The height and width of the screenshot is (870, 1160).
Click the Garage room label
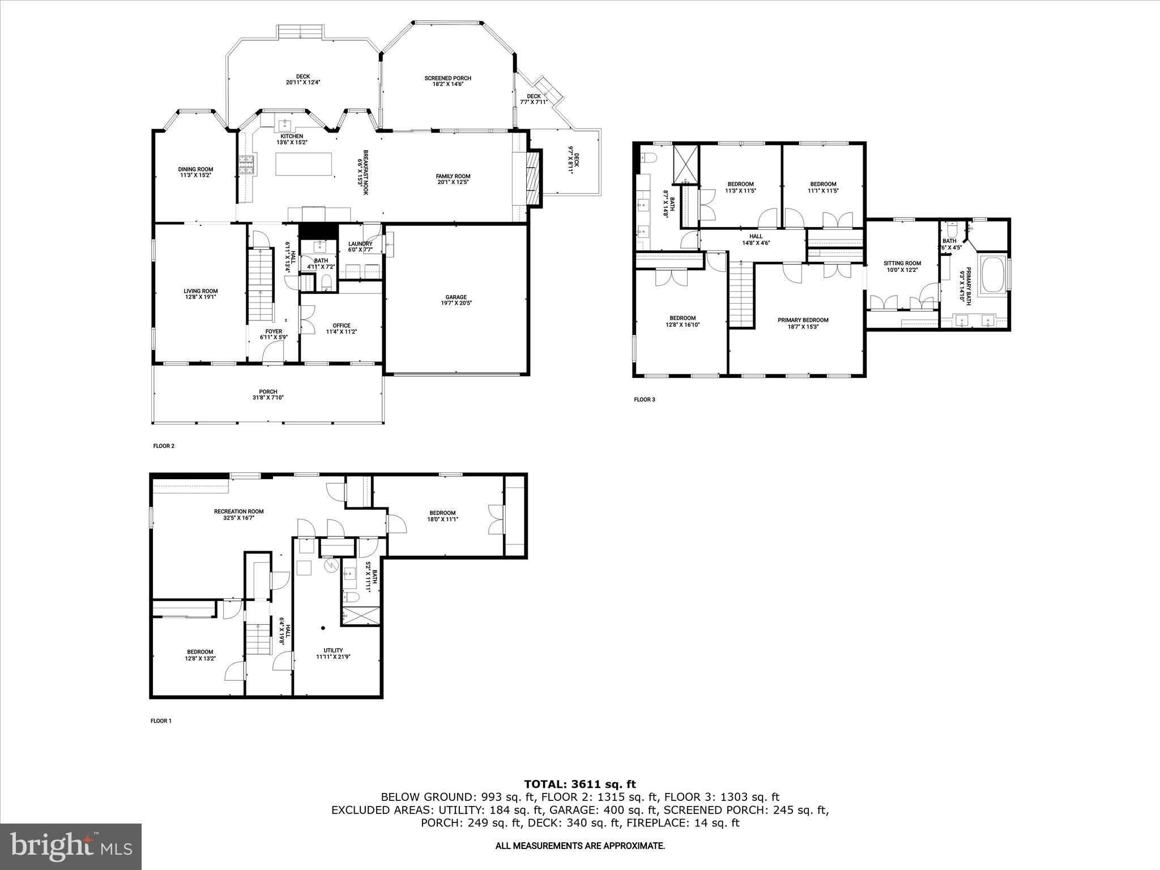[455, 300]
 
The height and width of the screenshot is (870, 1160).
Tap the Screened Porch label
[447, 81]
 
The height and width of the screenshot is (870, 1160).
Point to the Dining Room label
[195, 172]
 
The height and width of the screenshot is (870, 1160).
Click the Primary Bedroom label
[803, 323]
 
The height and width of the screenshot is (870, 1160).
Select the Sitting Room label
[902, 266]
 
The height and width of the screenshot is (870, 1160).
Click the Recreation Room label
[238, 514]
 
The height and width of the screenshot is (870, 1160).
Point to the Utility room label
[333, 654]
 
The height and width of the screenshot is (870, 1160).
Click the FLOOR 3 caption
[644, 399]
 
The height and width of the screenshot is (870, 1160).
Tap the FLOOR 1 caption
[161, 721]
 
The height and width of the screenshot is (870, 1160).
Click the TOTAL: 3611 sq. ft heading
[580, 784]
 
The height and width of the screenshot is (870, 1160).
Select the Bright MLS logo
[71, 846]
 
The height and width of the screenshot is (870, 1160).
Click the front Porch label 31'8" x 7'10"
[268, 394]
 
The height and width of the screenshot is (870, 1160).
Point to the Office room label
[341, 329]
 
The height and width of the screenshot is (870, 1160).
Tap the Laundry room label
[360, 246]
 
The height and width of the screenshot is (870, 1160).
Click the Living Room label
[201, 293]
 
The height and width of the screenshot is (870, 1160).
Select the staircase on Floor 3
[741, 295]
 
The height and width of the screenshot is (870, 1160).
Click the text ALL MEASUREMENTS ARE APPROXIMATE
[580, 846]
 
